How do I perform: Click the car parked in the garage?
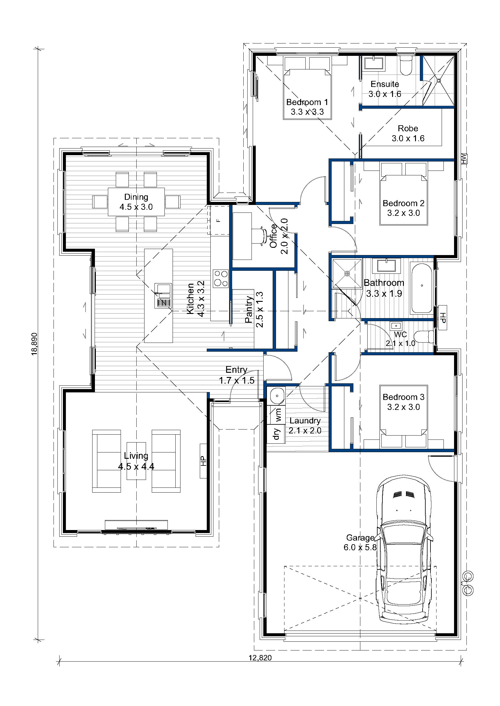coord(404,550)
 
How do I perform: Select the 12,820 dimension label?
coord(260,658)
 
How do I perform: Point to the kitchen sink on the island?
coord(163,295)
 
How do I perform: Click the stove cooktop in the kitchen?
coord(221,278)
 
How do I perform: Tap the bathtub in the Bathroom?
coord(421,288)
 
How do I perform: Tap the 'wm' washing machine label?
coord(278,414)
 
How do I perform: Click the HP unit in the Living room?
coord(203,461)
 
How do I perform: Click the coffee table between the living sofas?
coord(136,461)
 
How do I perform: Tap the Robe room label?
coord(408,128)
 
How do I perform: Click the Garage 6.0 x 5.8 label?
coord(360,542)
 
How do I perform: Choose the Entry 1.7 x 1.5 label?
coord(236,375)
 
